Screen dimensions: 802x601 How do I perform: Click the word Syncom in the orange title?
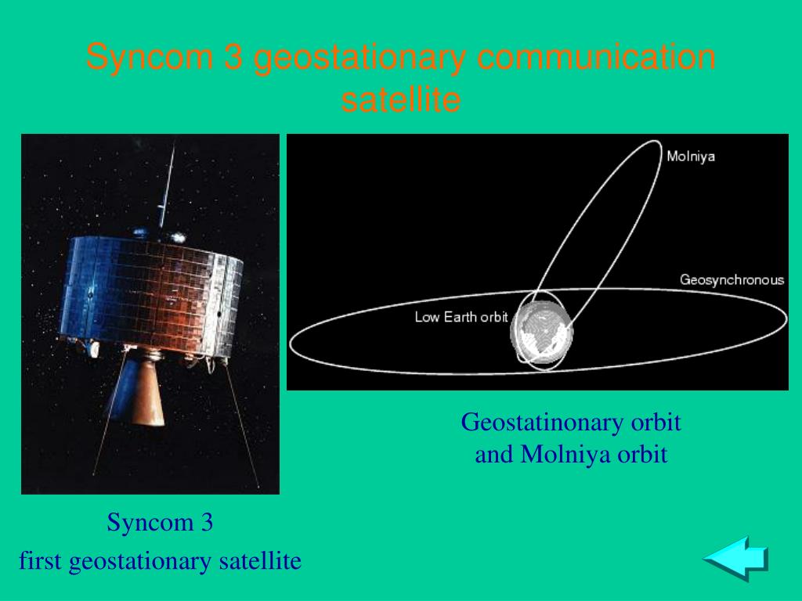coord(150,56)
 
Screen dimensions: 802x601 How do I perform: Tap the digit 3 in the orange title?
coord(233,56)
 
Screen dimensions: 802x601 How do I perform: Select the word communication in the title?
coord(596,56)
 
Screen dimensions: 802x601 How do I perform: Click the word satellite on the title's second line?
coord(401,99)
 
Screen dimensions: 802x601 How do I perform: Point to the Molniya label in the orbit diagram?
coord(691,156)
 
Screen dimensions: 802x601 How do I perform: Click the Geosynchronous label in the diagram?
coord(732,279)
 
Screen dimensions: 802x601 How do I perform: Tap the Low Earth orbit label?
coord(461,317)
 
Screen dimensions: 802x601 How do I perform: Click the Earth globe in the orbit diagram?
coord(542,331)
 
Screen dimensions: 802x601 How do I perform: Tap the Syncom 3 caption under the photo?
coord(160,522)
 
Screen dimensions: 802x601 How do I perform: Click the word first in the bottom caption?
coord(40,560)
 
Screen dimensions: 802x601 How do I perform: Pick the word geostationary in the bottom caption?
coord(139,561)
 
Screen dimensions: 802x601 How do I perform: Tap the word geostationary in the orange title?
coord(359,57)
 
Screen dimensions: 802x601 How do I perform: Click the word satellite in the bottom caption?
coord(260,560)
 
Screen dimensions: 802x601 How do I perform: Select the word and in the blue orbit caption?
coord(493,454)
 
